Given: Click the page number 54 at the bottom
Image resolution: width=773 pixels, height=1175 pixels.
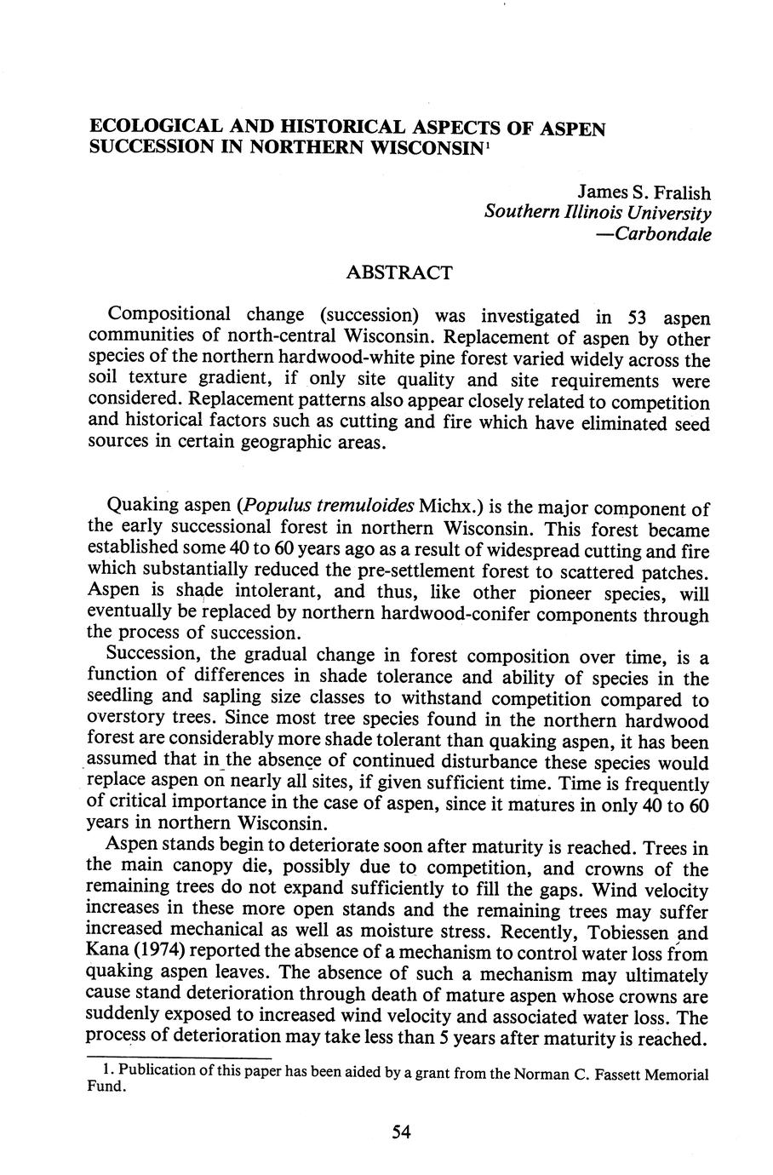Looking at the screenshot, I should [401, 1132].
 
